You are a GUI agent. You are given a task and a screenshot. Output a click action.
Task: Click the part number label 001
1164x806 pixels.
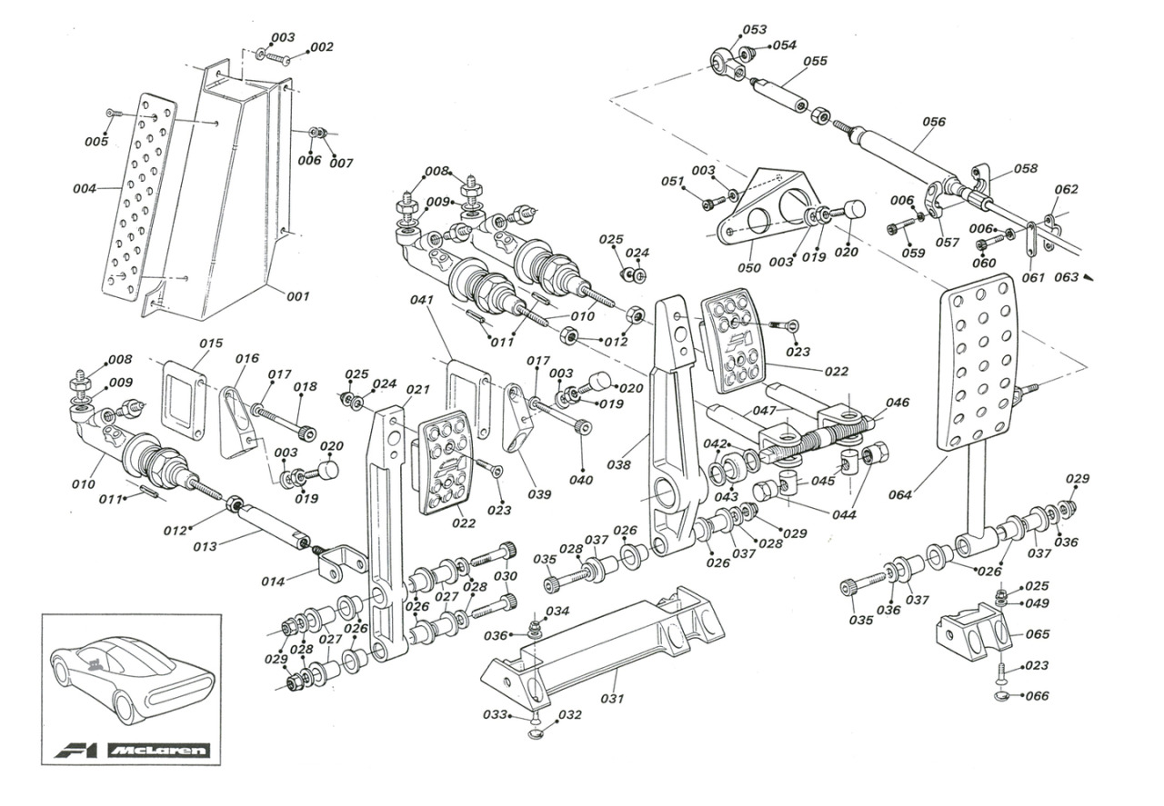[298, 296]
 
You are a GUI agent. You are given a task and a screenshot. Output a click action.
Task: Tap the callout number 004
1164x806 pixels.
[85, 188]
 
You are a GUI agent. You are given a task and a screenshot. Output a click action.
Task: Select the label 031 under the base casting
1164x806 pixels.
[612, 699]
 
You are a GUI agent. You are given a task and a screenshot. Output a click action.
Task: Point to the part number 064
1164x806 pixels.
[900, 495]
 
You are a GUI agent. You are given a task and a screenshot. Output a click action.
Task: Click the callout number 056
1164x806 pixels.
[934, 122]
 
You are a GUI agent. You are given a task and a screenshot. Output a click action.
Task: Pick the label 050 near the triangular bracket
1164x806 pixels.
[749, 268]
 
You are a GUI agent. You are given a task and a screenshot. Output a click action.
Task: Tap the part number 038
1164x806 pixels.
[619, 465]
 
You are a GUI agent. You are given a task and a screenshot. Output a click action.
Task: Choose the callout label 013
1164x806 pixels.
[205, 546]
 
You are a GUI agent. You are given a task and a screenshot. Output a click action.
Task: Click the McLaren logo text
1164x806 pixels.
[159, 751]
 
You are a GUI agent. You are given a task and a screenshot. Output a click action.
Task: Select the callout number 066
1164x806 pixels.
[1038, 696]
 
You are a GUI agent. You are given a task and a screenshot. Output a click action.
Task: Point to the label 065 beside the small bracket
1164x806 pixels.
[1038, 634]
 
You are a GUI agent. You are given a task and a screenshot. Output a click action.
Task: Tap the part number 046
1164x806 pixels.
[898, 403]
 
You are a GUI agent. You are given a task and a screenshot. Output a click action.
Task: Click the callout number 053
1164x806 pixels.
[755, 30]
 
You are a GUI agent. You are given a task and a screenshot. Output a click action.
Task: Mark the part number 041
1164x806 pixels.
[421, 300]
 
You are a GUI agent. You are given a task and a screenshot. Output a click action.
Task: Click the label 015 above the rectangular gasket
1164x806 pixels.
[211, 343]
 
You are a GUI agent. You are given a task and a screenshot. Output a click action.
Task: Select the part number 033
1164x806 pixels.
[495, 714]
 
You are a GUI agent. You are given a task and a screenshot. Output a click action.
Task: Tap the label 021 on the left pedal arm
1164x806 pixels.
[417, 390]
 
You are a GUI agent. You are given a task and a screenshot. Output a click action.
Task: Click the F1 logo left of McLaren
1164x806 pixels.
[75, 751]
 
